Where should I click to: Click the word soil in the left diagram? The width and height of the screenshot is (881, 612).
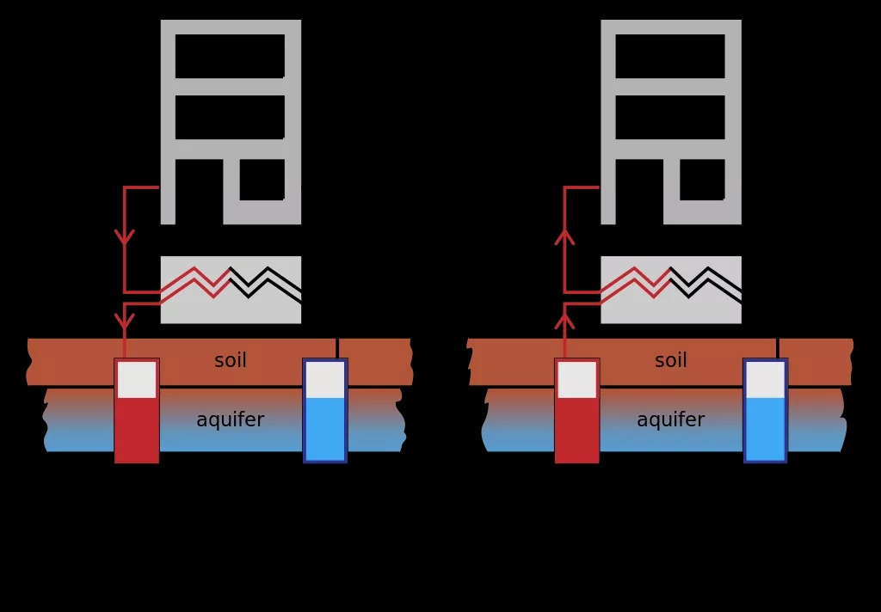(231, 360)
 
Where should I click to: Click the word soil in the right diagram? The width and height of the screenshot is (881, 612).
(671, 360)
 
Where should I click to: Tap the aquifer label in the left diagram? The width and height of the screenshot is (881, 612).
(231, 419)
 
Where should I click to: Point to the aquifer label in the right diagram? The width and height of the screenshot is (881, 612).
(671, 419)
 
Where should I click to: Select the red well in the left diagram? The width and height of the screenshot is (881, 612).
(137, 410)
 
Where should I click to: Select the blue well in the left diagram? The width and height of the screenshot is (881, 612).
(325, 410)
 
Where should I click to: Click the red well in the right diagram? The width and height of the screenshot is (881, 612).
(577, 410)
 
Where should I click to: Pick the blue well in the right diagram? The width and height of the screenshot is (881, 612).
(766, 410)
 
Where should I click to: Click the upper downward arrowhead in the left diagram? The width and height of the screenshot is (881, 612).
(124, 236)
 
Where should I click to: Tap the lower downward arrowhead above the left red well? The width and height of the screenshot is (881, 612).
(124, 321)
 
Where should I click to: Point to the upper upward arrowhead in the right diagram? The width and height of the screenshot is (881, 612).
(564, 237)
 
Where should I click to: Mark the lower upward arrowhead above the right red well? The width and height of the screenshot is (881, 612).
(564, 321)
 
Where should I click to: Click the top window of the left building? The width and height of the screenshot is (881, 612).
(230, 56)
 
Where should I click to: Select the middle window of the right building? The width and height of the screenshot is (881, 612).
(670, 118)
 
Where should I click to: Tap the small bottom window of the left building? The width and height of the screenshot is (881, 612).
(262, 180)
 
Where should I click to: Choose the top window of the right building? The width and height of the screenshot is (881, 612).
(670, 56)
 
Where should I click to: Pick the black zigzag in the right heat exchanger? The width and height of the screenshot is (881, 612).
(705, 283)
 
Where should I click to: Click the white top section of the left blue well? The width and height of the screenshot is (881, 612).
(325, 380)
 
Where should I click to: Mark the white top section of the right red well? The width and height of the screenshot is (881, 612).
(577, 380)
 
